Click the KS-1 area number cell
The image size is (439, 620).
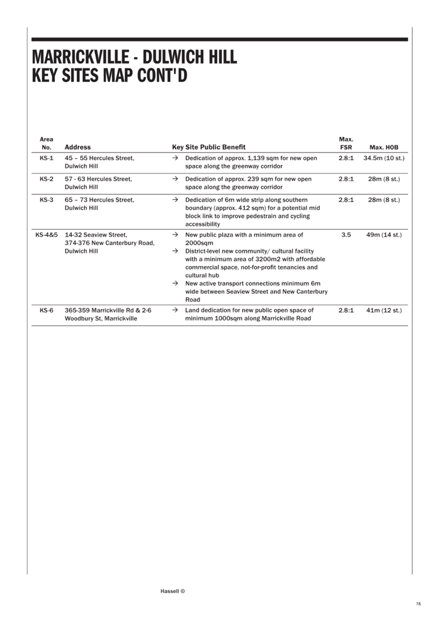(46, 158)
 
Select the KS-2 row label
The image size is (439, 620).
(46, 179)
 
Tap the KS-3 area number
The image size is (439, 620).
(46, 200)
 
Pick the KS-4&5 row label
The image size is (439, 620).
(46, 235)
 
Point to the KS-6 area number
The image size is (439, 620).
(46, 311)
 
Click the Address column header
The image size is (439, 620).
(78, 147)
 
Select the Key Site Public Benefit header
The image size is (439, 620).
(209, 147)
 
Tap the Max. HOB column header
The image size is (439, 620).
(384, 147)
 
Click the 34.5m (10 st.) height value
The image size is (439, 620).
(384, 158)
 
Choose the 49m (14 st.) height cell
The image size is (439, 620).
(384, 235)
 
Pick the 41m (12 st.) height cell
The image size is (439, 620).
(384, 311)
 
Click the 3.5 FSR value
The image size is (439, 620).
(346, 235)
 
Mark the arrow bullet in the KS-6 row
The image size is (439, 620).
(175, 311)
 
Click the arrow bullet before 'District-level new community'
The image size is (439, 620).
(175, 251)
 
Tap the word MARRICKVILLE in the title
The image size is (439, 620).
(81, 58)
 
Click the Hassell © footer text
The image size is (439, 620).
(173, 592)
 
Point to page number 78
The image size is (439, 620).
(418, 604)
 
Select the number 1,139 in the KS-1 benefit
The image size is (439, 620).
(256, 158)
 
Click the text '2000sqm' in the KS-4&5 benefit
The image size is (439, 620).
(199, 243)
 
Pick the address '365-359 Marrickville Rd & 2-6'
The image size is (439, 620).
(108, 311)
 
